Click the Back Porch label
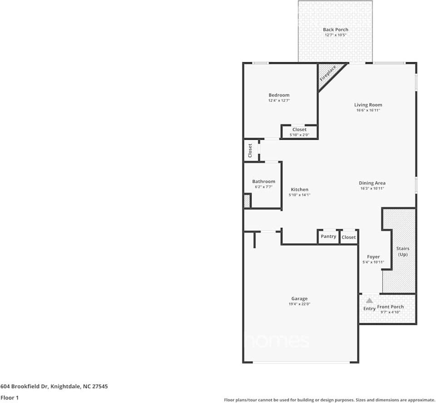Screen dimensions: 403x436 [x=336, y=29]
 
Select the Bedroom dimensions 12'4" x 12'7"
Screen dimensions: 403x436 [x=279, y=101]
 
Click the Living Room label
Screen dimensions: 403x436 [x=368, y=105]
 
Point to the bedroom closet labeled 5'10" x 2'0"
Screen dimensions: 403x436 [x=299, y=132]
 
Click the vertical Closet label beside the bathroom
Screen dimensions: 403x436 [x=250, y=151]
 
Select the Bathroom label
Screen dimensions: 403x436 [x=263, y=182]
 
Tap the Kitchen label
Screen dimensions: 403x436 [x=299, y=190]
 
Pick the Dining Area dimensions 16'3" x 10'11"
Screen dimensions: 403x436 [x=372, y=189]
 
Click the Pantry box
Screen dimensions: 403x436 [x=328, y=236]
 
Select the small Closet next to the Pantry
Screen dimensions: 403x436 [x=349, y=237]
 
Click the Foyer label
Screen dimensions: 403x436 [x=373, y=257]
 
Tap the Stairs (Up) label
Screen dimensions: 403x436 [x=403, y=251]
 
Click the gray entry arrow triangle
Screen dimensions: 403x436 [x=370, y=300]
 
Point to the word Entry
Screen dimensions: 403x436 [x=369, y=309]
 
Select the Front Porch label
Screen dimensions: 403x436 [x=391, y=307]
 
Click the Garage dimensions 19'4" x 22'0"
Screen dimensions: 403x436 [x=299, y=305]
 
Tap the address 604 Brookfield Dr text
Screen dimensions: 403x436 [x=54, y=387]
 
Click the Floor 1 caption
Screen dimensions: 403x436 [x=10, y=398]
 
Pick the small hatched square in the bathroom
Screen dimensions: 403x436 [x=247, y=201]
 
